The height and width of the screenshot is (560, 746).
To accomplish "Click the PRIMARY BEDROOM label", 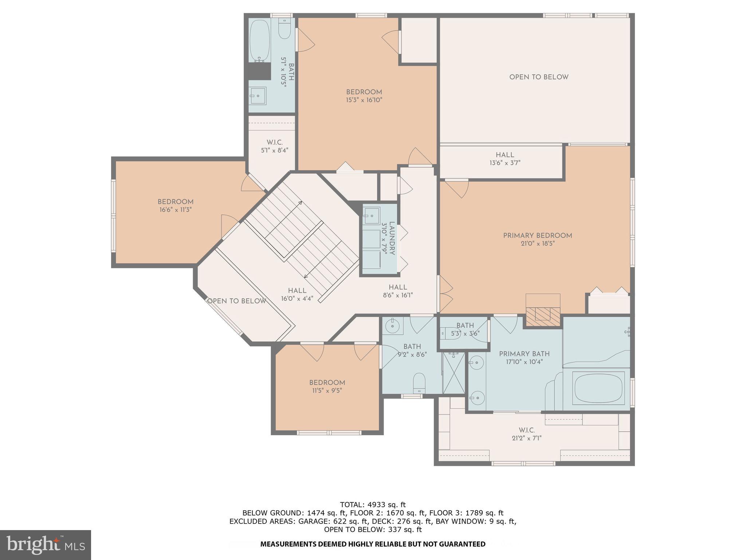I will pyautogui.click(x=537, y=236).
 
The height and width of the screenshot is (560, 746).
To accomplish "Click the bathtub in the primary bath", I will pyautogui.click(x=597, y=388).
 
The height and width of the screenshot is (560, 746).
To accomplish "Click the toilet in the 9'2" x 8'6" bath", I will pyautogui.click(x=419, y=382).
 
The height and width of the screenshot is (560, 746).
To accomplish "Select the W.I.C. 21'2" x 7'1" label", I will pyautogui.click(x=526, y=434).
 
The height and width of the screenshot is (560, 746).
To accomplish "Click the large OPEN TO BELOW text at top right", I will pyautogui.click(x=539, y=77).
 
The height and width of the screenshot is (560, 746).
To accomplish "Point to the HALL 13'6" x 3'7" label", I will pyautogui.click(x=505, y=159).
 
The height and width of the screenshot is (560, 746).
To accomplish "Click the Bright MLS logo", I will pyautogui.click(x=46, y=545).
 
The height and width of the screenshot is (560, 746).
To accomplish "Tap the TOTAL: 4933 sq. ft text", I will pyautogui.click(x=373, y=505).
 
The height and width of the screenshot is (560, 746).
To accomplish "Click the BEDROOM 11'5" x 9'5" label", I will pyautogui.click(x=327, y=386).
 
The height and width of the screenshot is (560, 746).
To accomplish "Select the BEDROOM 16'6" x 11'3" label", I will pyautogui.click(x=175, y=206).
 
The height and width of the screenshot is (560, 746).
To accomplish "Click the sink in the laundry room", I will pyautogui.click(x=372, y=215).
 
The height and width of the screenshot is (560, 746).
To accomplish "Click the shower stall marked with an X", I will pyautogui.click(x=454, y=373).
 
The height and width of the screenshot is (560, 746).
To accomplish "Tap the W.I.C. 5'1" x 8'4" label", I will pyautogui.click(x=275, y=146).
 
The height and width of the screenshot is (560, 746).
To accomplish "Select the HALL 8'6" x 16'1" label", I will pyautogui.click(x=398, y=291).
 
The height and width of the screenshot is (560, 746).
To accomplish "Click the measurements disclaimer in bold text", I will pyautogui.click(x=373, y=544).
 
